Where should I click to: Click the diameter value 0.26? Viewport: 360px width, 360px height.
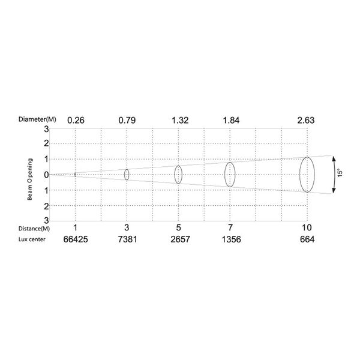(76, 121)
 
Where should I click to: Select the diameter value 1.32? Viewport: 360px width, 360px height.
(180, 121)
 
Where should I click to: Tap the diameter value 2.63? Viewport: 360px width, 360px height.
(306, 121)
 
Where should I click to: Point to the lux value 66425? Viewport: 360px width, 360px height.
(76, 239)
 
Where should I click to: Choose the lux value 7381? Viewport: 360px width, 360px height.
(127, 239)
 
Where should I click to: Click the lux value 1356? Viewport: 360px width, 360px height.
(231, 239)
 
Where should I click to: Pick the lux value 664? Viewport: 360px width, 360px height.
(307, 239)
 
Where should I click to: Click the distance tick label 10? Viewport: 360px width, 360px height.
(307, 227)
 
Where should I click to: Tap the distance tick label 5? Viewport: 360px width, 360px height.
(179, 227)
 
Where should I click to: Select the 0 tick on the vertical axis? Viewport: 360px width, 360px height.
(46, 175)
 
